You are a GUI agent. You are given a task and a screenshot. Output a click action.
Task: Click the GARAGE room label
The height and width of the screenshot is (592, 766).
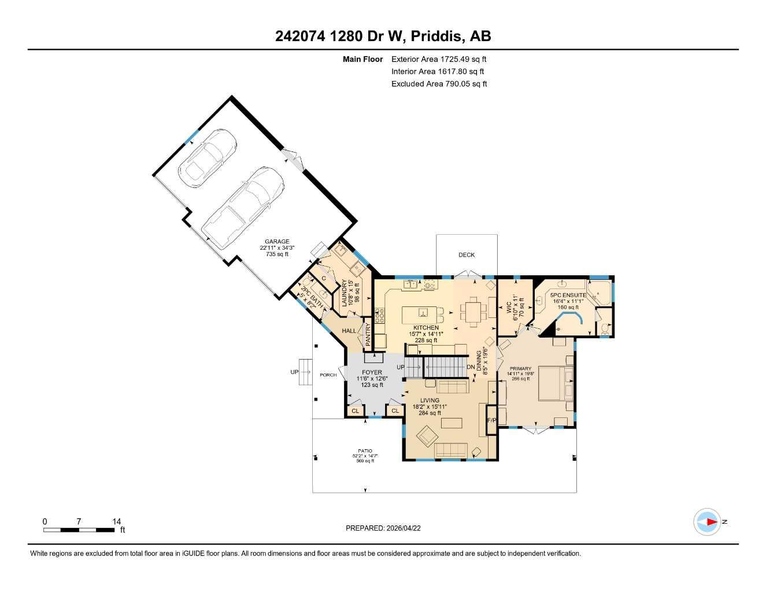277,242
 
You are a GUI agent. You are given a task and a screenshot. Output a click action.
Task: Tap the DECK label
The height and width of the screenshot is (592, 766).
467,255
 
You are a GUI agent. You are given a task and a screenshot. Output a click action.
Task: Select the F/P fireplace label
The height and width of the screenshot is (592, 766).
491,420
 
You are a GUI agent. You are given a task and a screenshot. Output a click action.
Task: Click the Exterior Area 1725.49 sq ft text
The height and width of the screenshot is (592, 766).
439,59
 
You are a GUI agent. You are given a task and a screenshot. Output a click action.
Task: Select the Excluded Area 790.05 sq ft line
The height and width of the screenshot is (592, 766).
439,84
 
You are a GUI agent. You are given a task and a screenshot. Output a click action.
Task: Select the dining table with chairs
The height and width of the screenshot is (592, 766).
473,312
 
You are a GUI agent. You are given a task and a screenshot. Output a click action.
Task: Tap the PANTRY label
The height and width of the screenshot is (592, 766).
368,335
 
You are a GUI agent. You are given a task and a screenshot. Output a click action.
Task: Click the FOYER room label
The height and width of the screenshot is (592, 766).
372,372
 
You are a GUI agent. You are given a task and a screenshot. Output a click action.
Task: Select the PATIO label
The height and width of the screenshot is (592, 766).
365,451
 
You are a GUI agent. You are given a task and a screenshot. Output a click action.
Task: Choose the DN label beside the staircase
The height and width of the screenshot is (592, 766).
471,367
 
